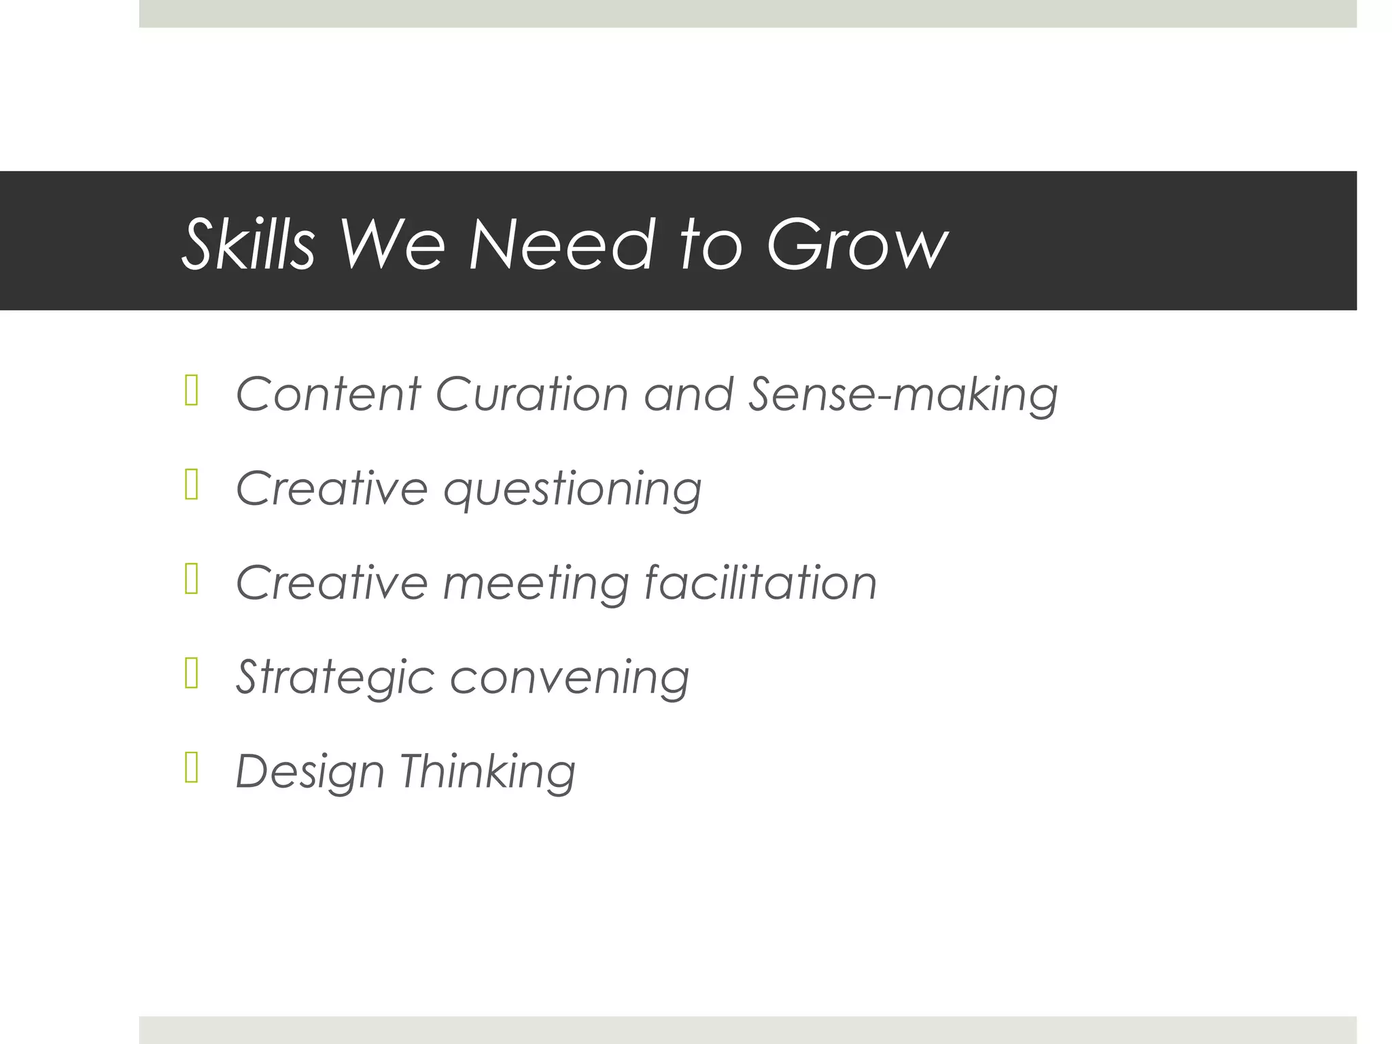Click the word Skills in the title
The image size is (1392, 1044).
[x=249, y=245]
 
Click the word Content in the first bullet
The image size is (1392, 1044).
[x=328, y=394]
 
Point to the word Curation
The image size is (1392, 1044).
[x=532, y=394]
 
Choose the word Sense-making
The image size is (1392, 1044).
[x=903, y=396]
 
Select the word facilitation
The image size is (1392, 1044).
[x=760, y=583]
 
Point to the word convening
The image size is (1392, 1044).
[x=570, y=678]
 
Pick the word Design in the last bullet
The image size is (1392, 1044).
[x=310, y=773]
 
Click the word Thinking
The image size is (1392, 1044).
[x=487, y=773]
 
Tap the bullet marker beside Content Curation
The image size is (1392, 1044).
[x=191, y=392]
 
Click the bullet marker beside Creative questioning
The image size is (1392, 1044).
[x=191, y=486]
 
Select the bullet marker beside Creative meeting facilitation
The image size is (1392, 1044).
[x=191, y=580]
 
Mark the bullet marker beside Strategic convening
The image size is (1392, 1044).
[x=191, y=674]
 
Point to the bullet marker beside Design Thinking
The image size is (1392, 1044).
[x=191, y=769]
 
